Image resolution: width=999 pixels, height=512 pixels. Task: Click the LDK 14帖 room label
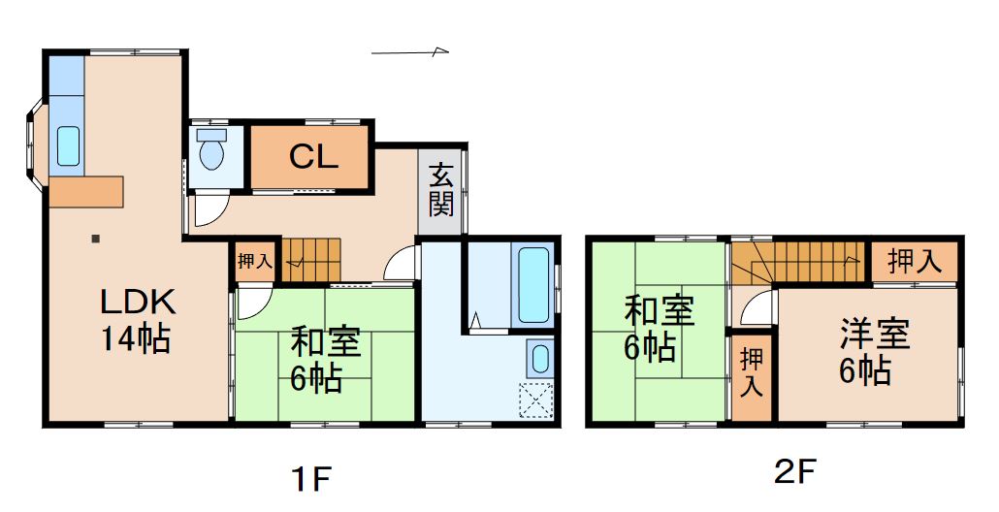(137, 321)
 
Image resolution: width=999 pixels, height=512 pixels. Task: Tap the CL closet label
(313, 157)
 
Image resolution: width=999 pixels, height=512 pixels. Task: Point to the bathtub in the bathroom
(533, 284)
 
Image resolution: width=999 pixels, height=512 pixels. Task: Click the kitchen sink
(68, 145)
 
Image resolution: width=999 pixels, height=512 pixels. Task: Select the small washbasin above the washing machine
(538, 359)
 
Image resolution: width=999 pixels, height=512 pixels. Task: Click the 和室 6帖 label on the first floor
(325, 360)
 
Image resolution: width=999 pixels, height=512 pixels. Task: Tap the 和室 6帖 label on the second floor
(658, 330)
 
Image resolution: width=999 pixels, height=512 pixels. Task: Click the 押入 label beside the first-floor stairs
(255, 260)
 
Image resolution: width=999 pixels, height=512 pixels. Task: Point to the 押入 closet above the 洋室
(914, 261)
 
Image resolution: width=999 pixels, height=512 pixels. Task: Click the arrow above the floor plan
(411, 51)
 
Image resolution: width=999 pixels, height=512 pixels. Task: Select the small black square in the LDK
(94, 238)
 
